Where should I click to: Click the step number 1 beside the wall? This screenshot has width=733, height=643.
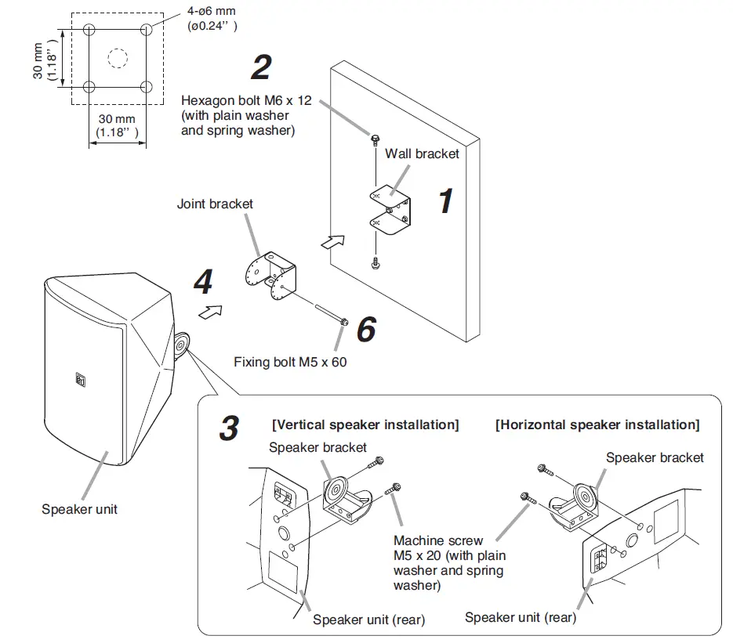[x=445, y=201]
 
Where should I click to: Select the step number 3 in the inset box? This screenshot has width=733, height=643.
[x=229, y=428]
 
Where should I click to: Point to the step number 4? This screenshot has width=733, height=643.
[x=203, y=281]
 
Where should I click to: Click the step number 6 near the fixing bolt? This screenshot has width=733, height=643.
[x=366, y=330]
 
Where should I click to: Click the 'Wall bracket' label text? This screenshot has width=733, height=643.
[x=422, y=154]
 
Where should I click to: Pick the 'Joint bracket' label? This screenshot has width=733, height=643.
[x=216, y=204]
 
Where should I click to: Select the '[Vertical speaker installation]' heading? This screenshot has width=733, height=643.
[x=365, y=424]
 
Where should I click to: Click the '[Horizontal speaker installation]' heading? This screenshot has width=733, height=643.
[x=597, y=424]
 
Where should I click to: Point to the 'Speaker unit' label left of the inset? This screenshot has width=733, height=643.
[x=79, y=509]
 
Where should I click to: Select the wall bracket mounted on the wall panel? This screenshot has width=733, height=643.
[x=389, y=208]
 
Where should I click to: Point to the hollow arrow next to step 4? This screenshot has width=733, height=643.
[x=209, y=312]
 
